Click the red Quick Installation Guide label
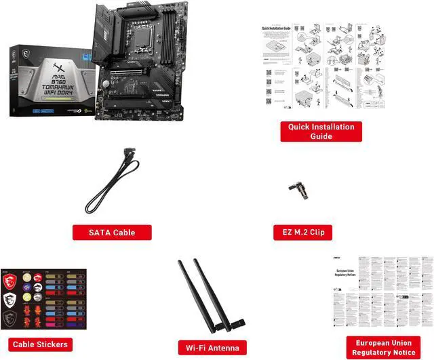click(321, 132)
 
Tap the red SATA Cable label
click(112, 233)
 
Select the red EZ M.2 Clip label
click(299, 233)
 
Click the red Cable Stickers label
click(40, 344)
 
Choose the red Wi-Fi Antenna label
click(212, 348)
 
